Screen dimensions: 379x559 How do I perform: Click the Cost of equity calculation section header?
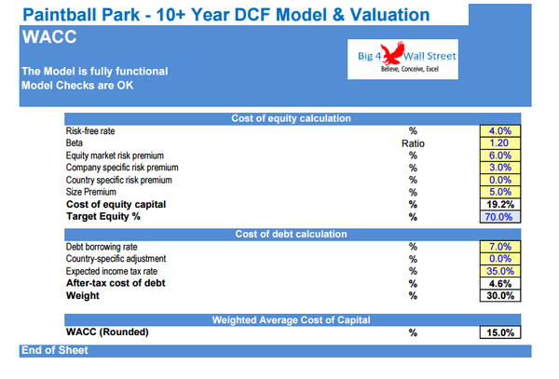291,118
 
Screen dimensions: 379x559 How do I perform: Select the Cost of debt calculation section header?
291,234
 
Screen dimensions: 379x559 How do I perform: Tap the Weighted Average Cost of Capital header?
291,319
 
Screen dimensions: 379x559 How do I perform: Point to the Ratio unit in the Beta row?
413,142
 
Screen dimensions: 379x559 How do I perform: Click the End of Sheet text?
55,350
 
